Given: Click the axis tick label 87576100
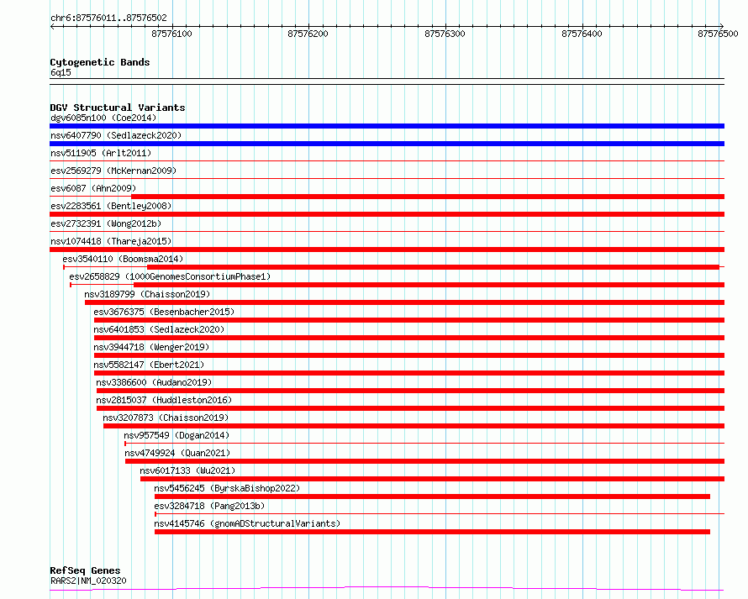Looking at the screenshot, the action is click(x=171, y=34).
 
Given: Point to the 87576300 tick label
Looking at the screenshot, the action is click(x=445, y=34).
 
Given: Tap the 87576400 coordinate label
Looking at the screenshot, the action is click(x=582, y=34).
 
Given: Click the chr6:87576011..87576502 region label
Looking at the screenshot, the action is click(x=108, y=18).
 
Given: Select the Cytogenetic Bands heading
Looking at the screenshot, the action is click(x=100, y=62).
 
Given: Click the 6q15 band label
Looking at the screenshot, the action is click(x=61, y=72).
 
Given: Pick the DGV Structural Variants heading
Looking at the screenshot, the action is click(x=118, y=108).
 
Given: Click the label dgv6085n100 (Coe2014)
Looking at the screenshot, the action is click(x=103, y=118).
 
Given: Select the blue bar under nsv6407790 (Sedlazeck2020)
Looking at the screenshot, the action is click(x=387, y=144).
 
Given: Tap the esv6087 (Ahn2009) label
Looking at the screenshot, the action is click(x=93, y=188).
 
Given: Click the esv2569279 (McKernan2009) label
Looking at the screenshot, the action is click(x=113, y=171).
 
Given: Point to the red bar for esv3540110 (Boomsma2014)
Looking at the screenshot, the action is click(x=433, y=267).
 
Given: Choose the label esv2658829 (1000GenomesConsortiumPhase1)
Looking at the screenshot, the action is click(x=170, y=276).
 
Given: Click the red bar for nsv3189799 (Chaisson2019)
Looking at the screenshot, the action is click(x=404, y=302).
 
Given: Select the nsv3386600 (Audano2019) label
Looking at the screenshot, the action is click(x=154, y=382).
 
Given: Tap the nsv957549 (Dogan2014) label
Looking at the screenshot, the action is click(x=176, y=435).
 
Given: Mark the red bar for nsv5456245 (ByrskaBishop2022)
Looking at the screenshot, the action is click(x=432, y=497).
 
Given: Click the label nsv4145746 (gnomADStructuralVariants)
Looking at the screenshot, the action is click(x=247, y=523).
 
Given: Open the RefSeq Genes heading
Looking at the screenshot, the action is click(x=85, y=570).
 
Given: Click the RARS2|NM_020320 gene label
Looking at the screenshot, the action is click(x=89, y=581).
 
